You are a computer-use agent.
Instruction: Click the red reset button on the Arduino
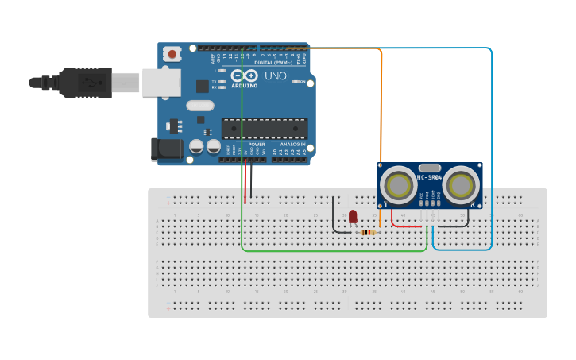[172, 54]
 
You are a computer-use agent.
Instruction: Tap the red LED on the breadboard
[353, 216]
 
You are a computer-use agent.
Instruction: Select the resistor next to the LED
[366, 232]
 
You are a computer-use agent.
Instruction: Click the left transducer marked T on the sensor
[396, 185]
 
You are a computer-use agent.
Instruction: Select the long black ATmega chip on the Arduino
[265, 129]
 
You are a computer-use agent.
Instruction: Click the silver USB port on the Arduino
[161, 83]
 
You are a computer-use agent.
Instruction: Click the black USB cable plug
[87, 82]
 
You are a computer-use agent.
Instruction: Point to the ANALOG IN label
[291, 144]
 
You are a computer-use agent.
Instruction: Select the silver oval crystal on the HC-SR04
[429, 168]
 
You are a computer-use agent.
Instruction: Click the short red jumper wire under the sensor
[406, 226]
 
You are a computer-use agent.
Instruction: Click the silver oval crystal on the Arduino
[200, 105]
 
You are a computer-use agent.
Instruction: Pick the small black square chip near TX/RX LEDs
[202, 85]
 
